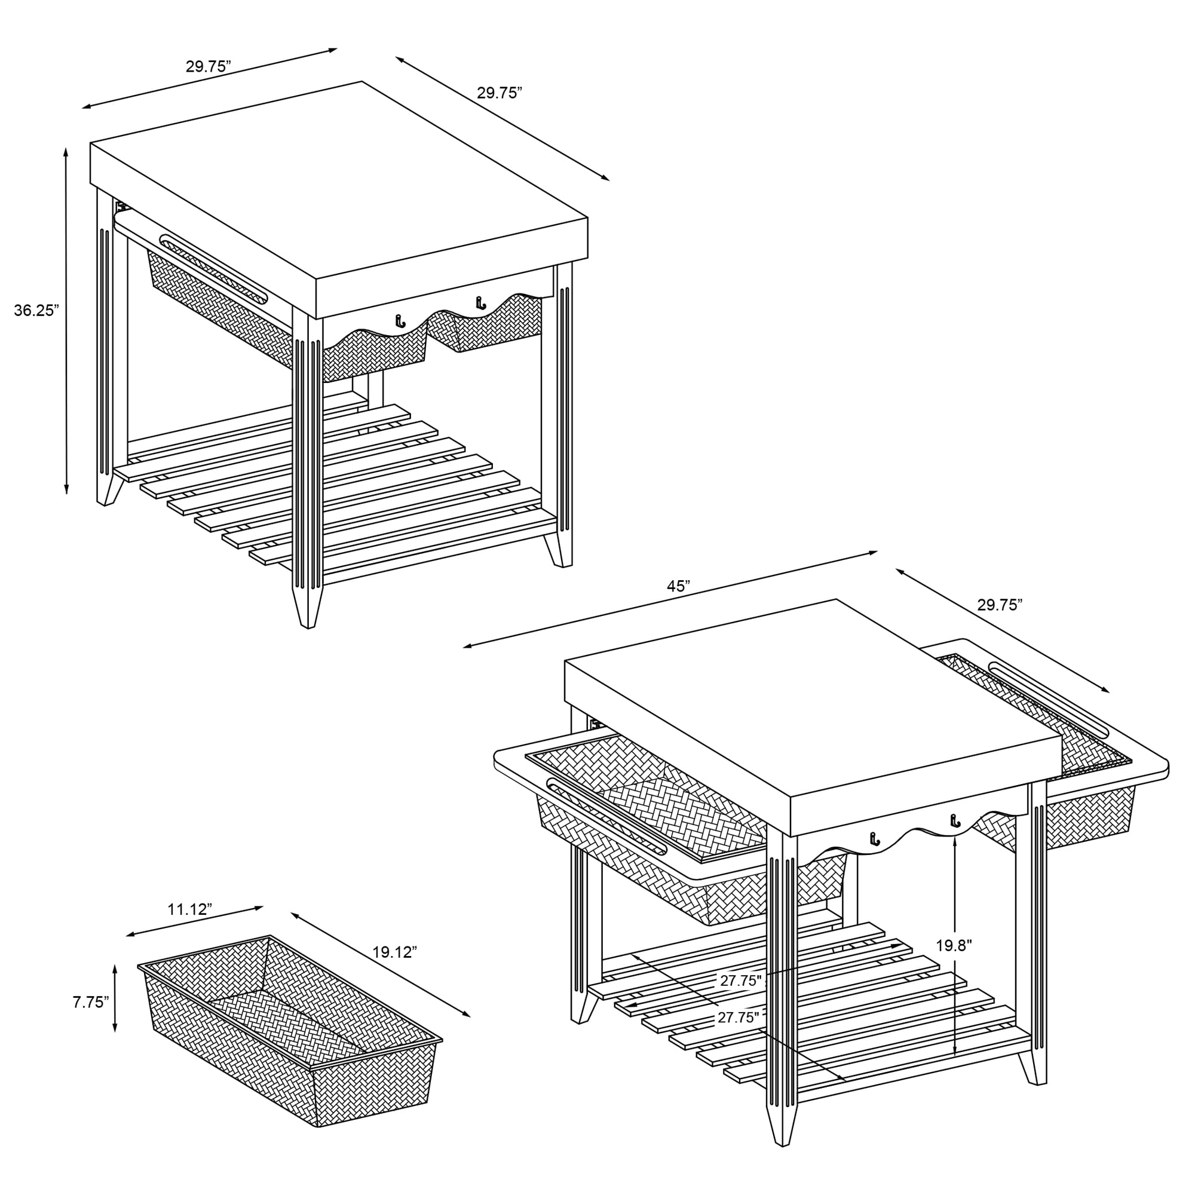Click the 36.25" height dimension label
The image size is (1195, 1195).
(x=36, y=311)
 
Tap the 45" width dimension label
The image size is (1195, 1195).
(x=679, y=586)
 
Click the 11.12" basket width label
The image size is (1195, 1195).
(x=190, y=909)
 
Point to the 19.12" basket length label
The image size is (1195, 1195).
(x=394, y=951)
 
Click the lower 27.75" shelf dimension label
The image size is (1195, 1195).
(x=739, y=1018)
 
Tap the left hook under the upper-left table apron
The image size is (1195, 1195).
(x=400, y=320)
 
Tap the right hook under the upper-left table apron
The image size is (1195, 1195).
(x=479, y=302)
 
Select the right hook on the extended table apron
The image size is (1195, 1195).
(x=955, y=822)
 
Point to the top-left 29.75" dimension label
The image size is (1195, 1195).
(x=209, y=67)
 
